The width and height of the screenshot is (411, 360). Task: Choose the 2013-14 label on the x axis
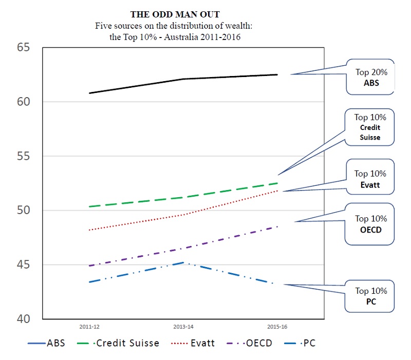[183, 327]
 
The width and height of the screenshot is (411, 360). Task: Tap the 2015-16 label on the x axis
[277, 327]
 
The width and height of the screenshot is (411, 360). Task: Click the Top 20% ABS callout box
[370, 78]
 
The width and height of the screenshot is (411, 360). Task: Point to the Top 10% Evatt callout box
[370, 180]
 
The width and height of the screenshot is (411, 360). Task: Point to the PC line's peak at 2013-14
[183, 262]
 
